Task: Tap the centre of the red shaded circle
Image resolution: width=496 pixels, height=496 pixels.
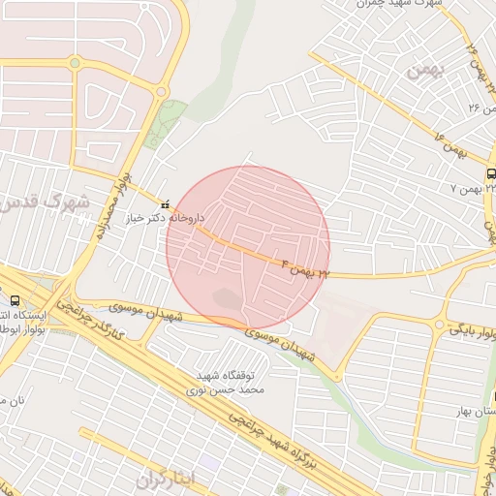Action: click(248, 248)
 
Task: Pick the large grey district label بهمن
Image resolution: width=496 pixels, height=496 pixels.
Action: click(423, 71)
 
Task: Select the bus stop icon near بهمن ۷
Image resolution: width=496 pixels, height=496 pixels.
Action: click(491, 173)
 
